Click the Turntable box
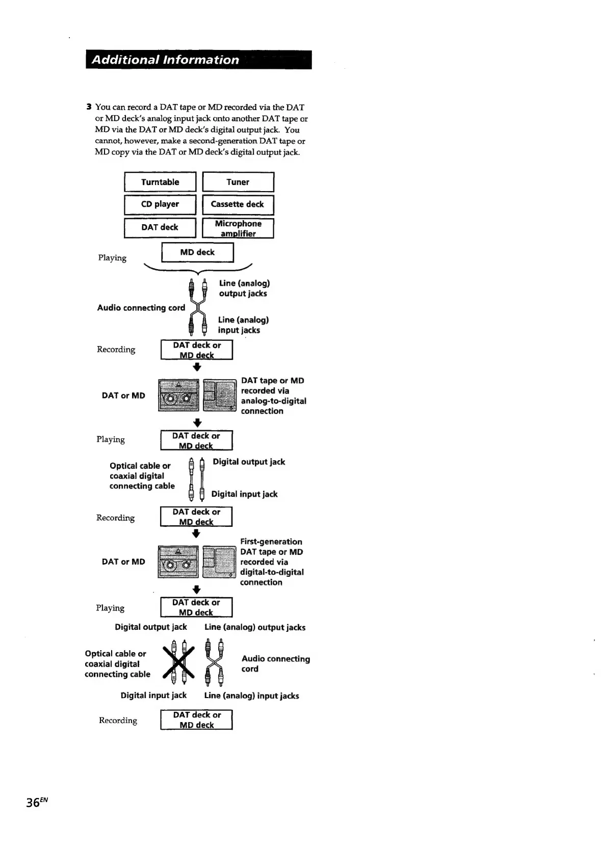coord(160,182)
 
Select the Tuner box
coord(238,182)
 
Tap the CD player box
coord(160,204)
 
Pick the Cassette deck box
coord(238,204)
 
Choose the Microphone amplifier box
coord(238,228)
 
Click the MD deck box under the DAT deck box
coord(197,252)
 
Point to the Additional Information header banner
coord(198,60)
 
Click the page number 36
coord(34,803)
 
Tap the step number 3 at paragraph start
coord(89,107)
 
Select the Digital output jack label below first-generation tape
coord(151,627)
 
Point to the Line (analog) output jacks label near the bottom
coord(255,627)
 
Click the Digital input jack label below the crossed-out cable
coord(153,696)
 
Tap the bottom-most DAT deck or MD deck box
coord(197,720)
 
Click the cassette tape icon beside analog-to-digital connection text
coord(178,395)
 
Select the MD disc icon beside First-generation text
coord(219,562)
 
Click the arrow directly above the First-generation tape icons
coord(196,534)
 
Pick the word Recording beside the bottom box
coord(118,721)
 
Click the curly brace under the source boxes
coord(198,270)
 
